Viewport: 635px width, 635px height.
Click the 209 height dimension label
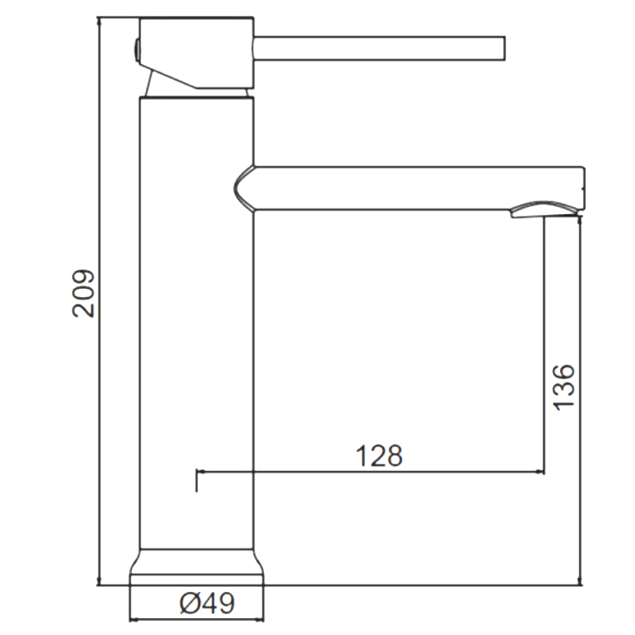[x=84, y=293]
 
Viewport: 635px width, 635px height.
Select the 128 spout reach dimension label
[x=380, y=456]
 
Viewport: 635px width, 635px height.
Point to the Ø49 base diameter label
[x=207, y=604]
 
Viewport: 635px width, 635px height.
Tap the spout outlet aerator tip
[x=540, y=210]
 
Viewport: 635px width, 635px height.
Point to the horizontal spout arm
[x=410, y=187]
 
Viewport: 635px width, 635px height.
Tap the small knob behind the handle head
[x=136, y=50]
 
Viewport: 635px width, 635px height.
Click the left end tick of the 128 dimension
[x=196, y=478]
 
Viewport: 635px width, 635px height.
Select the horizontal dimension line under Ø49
[x=198, y=619]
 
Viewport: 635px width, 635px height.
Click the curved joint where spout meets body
[x=243, y=187]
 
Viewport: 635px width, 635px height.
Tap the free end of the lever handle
[x=502, y=49]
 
